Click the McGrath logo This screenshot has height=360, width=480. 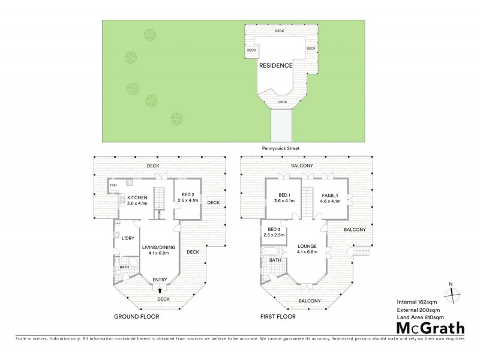coord(430,328)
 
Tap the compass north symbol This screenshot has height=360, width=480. coord(451,293)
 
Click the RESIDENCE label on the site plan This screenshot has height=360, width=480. coord(275,65)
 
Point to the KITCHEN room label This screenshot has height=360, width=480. coord(137,198)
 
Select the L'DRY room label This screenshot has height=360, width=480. coord(127,238)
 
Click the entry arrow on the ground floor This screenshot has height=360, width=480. coord(160,289)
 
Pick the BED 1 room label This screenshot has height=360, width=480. coord(286,195)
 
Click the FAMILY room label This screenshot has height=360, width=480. coord(331,195)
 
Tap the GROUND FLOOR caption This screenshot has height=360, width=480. coord(137,316)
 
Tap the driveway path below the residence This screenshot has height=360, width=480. coord(280,124)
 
